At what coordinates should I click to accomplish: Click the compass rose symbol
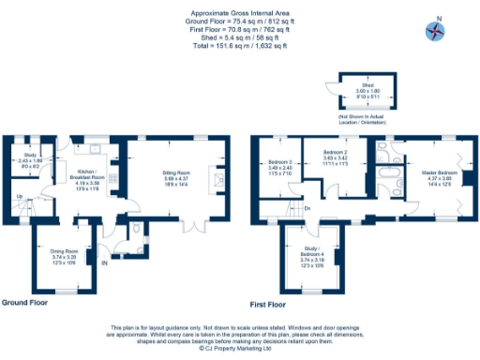pyautogui.click(x=436, y=31)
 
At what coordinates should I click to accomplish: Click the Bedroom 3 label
pyautogui.click(x=281, y=167)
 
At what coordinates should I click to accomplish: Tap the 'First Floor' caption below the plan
pyautogui.click(x=268, y=305)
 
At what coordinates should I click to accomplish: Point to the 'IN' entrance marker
pyautogui.click(x=106, y=264)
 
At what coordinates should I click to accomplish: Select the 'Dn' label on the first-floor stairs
pyautogui.click(x=306, y=208)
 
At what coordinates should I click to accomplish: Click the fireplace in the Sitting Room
pyautogui.click(x=217, y=180)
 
